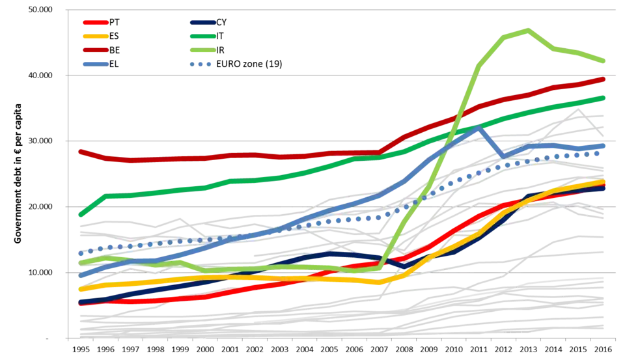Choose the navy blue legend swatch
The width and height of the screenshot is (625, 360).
(x=202, y=22)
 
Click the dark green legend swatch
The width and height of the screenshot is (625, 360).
(x=202, y=36)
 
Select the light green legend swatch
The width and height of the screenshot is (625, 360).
(x=202, y=49)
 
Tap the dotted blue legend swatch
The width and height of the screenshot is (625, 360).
(x=202, y=63)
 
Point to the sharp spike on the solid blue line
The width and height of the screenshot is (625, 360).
(x=479, y=128)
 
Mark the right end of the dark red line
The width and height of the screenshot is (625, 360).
(x=605, y=79)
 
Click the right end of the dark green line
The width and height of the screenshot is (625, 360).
(x=605, y=98)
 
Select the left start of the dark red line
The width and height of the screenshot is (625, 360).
(x=79, y=151)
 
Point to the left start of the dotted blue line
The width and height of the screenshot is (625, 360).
(x=79, y=253)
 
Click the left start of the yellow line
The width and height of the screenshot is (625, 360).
(x=79, y=289)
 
